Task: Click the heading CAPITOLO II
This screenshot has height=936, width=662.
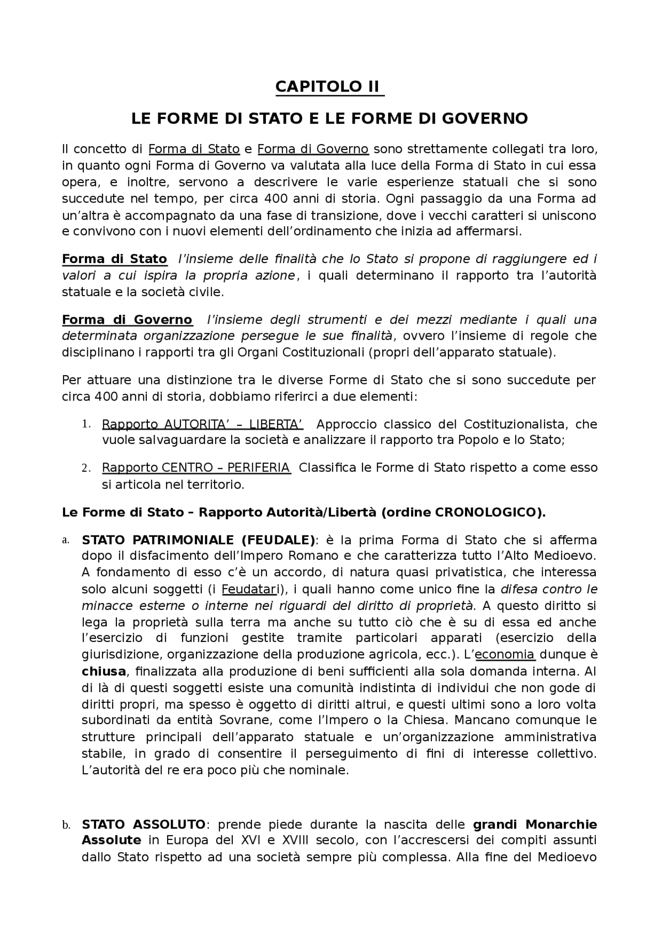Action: pyautogui.click(x=329, y=86)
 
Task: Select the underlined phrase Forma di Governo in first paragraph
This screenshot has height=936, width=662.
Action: pyautogui.click(x=313, y=149)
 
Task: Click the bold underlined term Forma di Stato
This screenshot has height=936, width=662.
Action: pyautogui.click(x=114, y=259)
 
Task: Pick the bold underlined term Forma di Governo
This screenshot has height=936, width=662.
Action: pyautogui.click(x=127, y=320)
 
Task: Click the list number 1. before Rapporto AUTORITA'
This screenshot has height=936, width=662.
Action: pyautogui.click(x=86, y=424)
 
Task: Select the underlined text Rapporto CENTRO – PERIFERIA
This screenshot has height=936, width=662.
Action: pyautogui.click(x=196, y=468)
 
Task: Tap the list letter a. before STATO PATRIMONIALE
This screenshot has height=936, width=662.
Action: pyautogui.click(x=66, y=541)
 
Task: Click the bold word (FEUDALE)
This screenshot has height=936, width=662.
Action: pyautogui.click(x=278, y=541)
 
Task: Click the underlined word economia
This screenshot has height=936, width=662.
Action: pyautogui.click(x=505, y=655)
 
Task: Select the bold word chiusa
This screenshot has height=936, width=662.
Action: pyautogui.click(x=104, y=672)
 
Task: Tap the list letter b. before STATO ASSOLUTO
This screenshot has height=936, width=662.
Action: pyautogui.click(x=66, y=825)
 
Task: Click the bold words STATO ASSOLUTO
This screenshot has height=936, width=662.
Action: pyautogui.click(x=143, y=824)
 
